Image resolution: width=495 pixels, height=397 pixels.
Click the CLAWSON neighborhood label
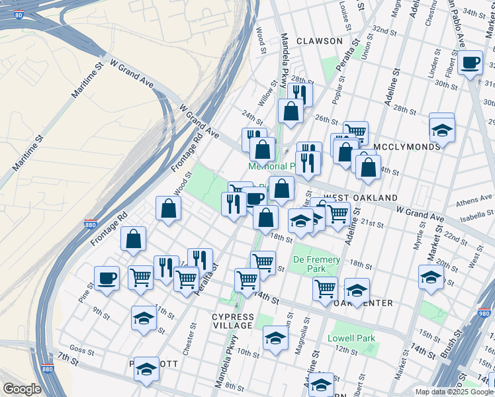click(320, 41)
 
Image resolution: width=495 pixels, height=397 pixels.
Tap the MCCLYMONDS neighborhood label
click(407, 146)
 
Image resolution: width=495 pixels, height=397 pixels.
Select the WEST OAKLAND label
click(361, 198)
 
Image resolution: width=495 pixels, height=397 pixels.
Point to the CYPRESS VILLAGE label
click(232, 321)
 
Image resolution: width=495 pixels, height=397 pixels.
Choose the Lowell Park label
click(351, 338)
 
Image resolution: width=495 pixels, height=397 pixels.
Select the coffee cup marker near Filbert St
click(470, 63)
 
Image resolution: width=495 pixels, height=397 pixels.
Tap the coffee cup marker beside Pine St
click(107, 277)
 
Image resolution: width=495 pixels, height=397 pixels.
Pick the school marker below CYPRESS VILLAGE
click(275, 337)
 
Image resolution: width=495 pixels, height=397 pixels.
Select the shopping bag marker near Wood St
click(169, 208)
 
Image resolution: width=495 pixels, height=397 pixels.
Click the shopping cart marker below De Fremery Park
click(325, 288)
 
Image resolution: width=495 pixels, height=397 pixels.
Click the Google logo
click(22, 389)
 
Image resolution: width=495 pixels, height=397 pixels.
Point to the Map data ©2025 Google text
click(453, 392)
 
